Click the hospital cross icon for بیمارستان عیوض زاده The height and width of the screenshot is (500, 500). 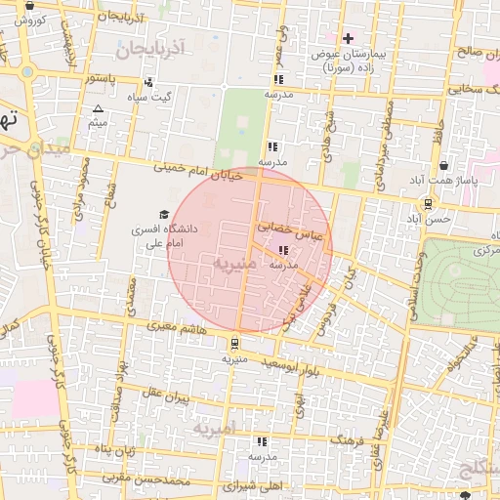click(x=347, y=38)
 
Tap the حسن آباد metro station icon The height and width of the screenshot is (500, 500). click(x=428, y=203)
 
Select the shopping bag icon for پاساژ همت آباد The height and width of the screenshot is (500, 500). click(x=444, y=166)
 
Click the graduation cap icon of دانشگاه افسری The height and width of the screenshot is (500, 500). click(x=164, y=214)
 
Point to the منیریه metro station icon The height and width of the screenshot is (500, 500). click(x=233, y=344)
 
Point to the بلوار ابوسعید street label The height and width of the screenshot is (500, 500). click(x=289, y=367)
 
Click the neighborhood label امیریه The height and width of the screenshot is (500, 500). click(x=214, y=429)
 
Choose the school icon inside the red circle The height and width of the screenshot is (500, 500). click(x=284, y=251)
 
